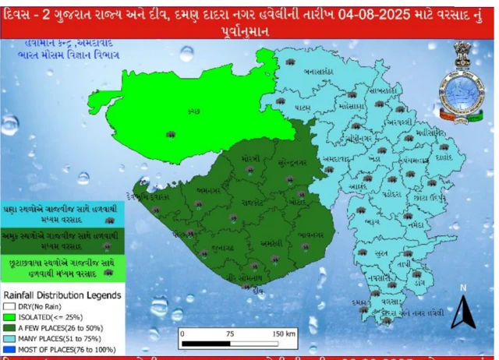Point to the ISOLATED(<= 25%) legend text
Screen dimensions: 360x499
tap(47, 319)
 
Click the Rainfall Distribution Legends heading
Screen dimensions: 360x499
tap(63, 295)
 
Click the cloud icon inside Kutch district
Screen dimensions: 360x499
tap(169, 135)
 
